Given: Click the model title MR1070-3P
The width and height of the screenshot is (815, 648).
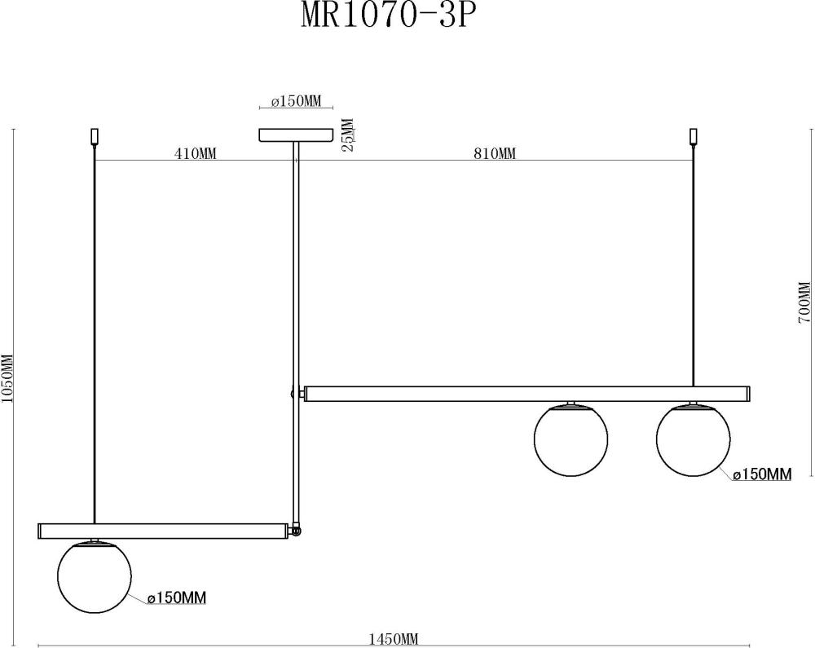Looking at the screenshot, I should pyautogui.click(x=385, y=16).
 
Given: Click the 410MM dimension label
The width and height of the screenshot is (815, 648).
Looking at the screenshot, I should pyautogui.click(x=195, y=153).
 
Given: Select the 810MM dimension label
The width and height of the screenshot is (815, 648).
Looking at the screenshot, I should pyautogui.click(x=494, y=153).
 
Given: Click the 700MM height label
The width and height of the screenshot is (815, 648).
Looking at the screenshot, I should pyautogui.click(x=804, y=303).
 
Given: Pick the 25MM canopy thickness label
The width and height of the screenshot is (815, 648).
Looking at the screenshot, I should pyautogui.click(x=348, y=135).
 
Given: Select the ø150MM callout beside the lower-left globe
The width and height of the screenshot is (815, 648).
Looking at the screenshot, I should pyautogui.click(x=177, y=598).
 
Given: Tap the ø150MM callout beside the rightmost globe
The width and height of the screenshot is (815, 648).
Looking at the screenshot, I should pyautogui.click(x=762, y=474).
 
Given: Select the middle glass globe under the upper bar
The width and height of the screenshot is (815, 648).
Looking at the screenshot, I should pyautogui.click(x=570, y=439).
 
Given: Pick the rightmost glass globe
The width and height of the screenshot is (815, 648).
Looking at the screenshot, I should pyautogui.click(x=693, y=439).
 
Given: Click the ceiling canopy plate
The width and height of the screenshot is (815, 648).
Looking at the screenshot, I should pyautogui.click(x=296, y=134).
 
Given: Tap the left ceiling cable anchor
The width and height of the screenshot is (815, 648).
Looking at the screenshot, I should pyautogui.click(x=95, y=136).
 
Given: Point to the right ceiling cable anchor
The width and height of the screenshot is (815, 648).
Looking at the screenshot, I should pyautogui.click(x=694, y=136).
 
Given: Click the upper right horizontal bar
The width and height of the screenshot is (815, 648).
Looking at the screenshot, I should pyautogui.click(x=526, y=394).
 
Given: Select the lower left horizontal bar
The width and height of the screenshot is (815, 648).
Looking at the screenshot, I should pyautogui.click(x=163, y=531).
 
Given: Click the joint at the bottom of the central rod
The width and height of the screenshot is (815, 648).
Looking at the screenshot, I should pyautogui.click(x=296, y=531).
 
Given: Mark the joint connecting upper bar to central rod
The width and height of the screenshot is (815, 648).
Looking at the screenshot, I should pyautogui.click(x=295, y=394).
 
